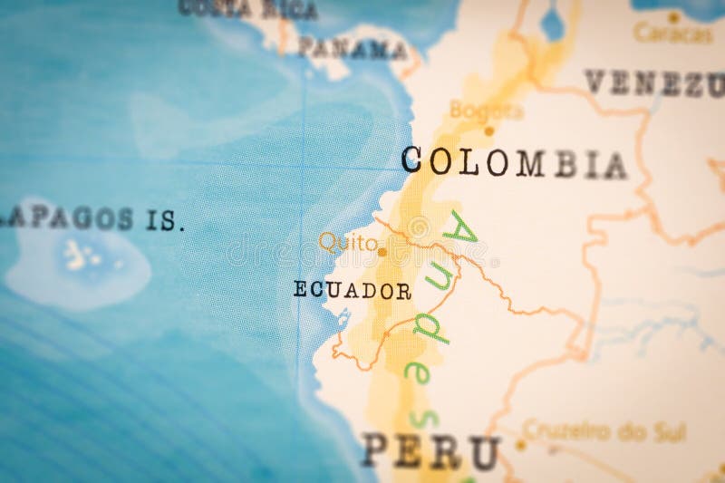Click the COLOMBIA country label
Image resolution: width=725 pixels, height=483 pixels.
pos(513,162)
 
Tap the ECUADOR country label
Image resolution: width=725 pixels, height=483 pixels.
pos(353,291)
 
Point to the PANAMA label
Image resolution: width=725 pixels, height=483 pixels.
pos(353,49)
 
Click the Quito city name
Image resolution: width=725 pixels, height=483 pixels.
pos(347,242)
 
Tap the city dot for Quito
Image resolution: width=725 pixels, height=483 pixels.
pos(382,252)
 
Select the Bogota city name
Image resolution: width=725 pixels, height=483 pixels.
pos(487,111)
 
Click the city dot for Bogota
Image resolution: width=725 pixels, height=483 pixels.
pos(489,130)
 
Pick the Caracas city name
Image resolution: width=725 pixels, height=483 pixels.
pos(672,34)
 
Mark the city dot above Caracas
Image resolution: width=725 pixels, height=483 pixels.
pos(673,16)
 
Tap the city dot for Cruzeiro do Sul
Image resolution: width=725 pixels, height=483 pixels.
pos(521,444)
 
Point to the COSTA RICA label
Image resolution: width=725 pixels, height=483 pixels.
pos(247,9)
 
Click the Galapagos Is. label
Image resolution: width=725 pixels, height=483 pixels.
pos(91,218)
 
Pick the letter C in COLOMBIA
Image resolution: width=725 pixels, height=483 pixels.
pos(413,159)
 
